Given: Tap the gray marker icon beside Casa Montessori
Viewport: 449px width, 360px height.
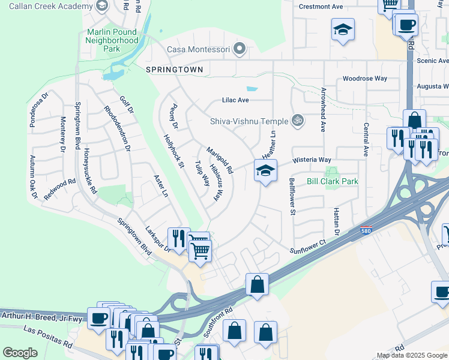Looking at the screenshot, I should (240, 49).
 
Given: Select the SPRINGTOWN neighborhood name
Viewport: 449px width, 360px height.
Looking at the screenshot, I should (174, 70).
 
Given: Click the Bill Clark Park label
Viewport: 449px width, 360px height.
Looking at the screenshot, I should (332, 181).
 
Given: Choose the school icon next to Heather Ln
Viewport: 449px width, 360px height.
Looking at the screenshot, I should (265, 172).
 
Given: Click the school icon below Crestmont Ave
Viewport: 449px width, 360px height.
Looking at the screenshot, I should (343, 30).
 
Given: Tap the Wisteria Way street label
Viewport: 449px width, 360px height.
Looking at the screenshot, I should (312, 160).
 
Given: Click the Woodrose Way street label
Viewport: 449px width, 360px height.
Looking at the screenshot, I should (365, 79).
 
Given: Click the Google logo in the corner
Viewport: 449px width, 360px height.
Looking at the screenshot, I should (20, 353).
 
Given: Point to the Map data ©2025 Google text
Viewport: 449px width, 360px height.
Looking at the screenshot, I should (412, 355).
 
